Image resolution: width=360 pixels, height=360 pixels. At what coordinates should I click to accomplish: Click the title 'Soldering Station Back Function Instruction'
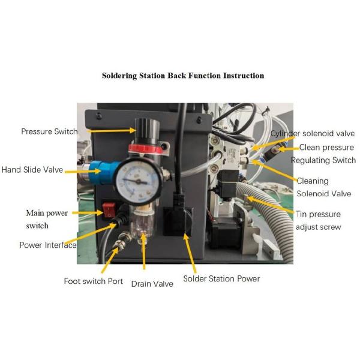(182, 76)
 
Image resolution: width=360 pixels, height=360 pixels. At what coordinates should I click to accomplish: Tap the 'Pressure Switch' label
(49, 131)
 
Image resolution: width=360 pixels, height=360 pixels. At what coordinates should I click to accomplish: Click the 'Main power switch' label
(46, 219)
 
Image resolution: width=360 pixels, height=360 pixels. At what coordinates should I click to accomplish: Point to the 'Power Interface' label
(48, 245)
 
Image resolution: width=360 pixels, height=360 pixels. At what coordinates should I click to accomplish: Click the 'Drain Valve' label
(152, 283)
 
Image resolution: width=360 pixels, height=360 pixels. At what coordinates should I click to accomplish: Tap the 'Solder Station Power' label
(221, 278)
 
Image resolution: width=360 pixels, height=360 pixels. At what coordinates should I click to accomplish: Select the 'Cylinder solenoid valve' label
(312, 133)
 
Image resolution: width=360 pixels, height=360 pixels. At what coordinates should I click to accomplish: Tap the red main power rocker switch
(109, 210)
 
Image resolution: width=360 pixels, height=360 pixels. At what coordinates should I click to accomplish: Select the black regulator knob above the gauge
(144, 128)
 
